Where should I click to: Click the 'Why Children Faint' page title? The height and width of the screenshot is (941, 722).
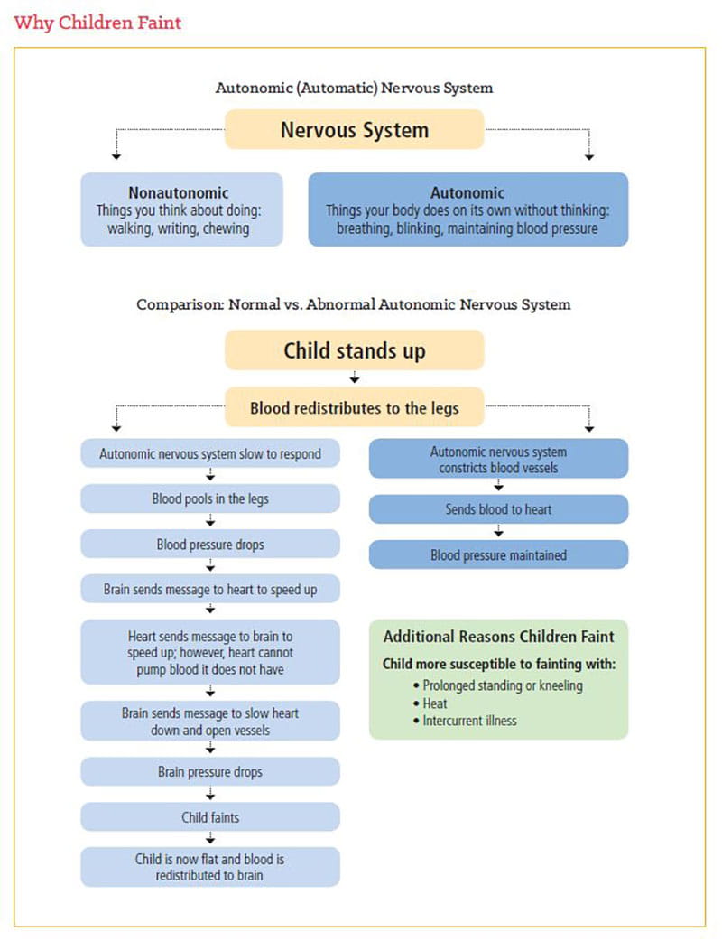tap(97, 23)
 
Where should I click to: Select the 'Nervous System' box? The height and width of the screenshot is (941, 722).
tap(354, 129)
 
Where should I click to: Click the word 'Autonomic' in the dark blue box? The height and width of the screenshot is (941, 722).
tap(467, 192)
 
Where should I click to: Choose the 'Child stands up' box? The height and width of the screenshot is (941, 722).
tap(354, 349)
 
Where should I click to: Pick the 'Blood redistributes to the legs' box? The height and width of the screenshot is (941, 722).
tap(354, 408)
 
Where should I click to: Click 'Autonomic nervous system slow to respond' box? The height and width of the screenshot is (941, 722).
tap(210, 454)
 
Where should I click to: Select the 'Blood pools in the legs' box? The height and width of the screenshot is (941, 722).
tap(210, 498)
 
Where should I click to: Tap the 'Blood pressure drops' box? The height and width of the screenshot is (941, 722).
tap(210, 544)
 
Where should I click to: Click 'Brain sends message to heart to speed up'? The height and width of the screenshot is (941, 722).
tap(210, 590)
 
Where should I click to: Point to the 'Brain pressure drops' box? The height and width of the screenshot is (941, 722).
tap(210, 772)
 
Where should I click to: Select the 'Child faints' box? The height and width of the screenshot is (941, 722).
tap(210, 817)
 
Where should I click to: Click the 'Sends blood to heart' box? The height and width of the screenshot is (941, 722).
tap(498, 509)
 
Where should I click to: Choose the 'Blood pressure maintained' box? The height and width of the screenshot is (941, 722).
tap(498, 554)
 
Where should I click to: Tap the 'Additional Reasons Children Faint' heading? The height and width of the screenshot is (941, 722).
tap(498, 637)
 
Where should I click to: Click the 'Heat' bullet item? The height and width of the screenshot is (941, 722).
tap(435, 703)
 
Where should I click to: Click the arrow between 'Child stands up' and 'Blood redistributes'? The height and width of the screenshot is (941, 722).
tap(354, 378)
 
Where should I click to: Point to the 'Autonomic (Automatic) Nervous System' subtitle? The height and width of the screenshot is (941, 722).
tap(354, 89)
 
